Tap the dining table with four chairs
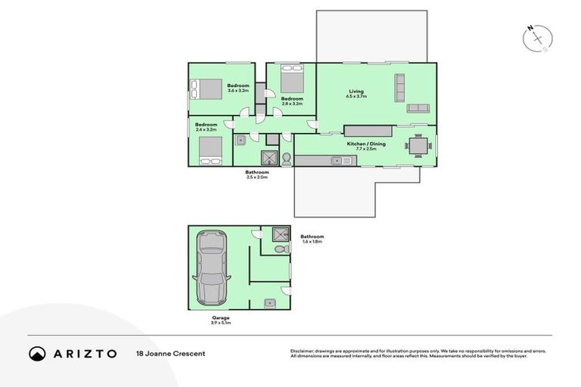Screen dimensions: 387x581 point(418,144)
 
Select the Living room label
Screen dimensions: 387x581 point(356,91)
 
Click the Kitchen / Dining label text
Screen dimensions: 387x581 point(361,144)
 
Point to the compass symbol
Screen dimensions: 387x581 point(538,38)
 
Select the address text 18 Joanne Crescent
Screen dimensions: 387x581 point(170,353)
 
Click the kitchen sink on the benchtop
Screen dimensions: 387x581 point(337,160)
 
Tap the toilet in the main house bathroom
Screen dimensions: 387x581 point(287,159)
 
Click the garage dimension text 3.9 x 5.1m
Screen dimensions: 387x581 point(221,323)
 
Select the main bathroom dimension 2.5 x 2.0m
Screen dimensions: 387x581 point(256,177)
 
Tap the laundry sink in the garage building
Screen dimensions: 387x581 point(270,302)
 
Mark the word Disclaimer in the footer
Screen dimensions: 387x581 point(303,351)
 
